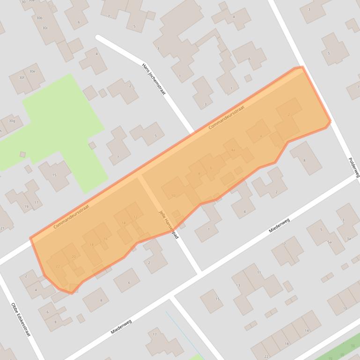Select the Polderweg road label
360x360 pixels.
coord(354,166)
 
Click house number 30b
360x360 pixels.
coord(39,18)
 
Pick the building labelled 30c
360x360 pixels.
coord(45,28)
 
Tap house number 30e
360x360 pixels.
coord(32,72)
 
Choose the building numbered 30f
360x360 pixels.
coord(22,78)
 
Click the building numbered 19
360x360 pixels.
coord(26,206)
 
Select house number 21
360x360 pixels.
coord(2,228)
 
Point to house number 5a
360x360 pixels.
coord(330,242)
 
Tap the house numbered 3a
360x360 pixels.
coord(348,239)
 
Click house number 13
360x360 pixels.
coord(238,285)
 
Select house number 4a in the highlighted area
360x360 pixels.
coord(233,150)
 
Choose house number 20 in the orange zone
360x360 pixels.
coord(73,257)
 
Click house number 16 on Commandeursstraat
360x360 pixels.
coord(105,239)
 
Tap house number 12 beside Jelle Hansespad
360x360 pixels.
coord(135,217)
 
